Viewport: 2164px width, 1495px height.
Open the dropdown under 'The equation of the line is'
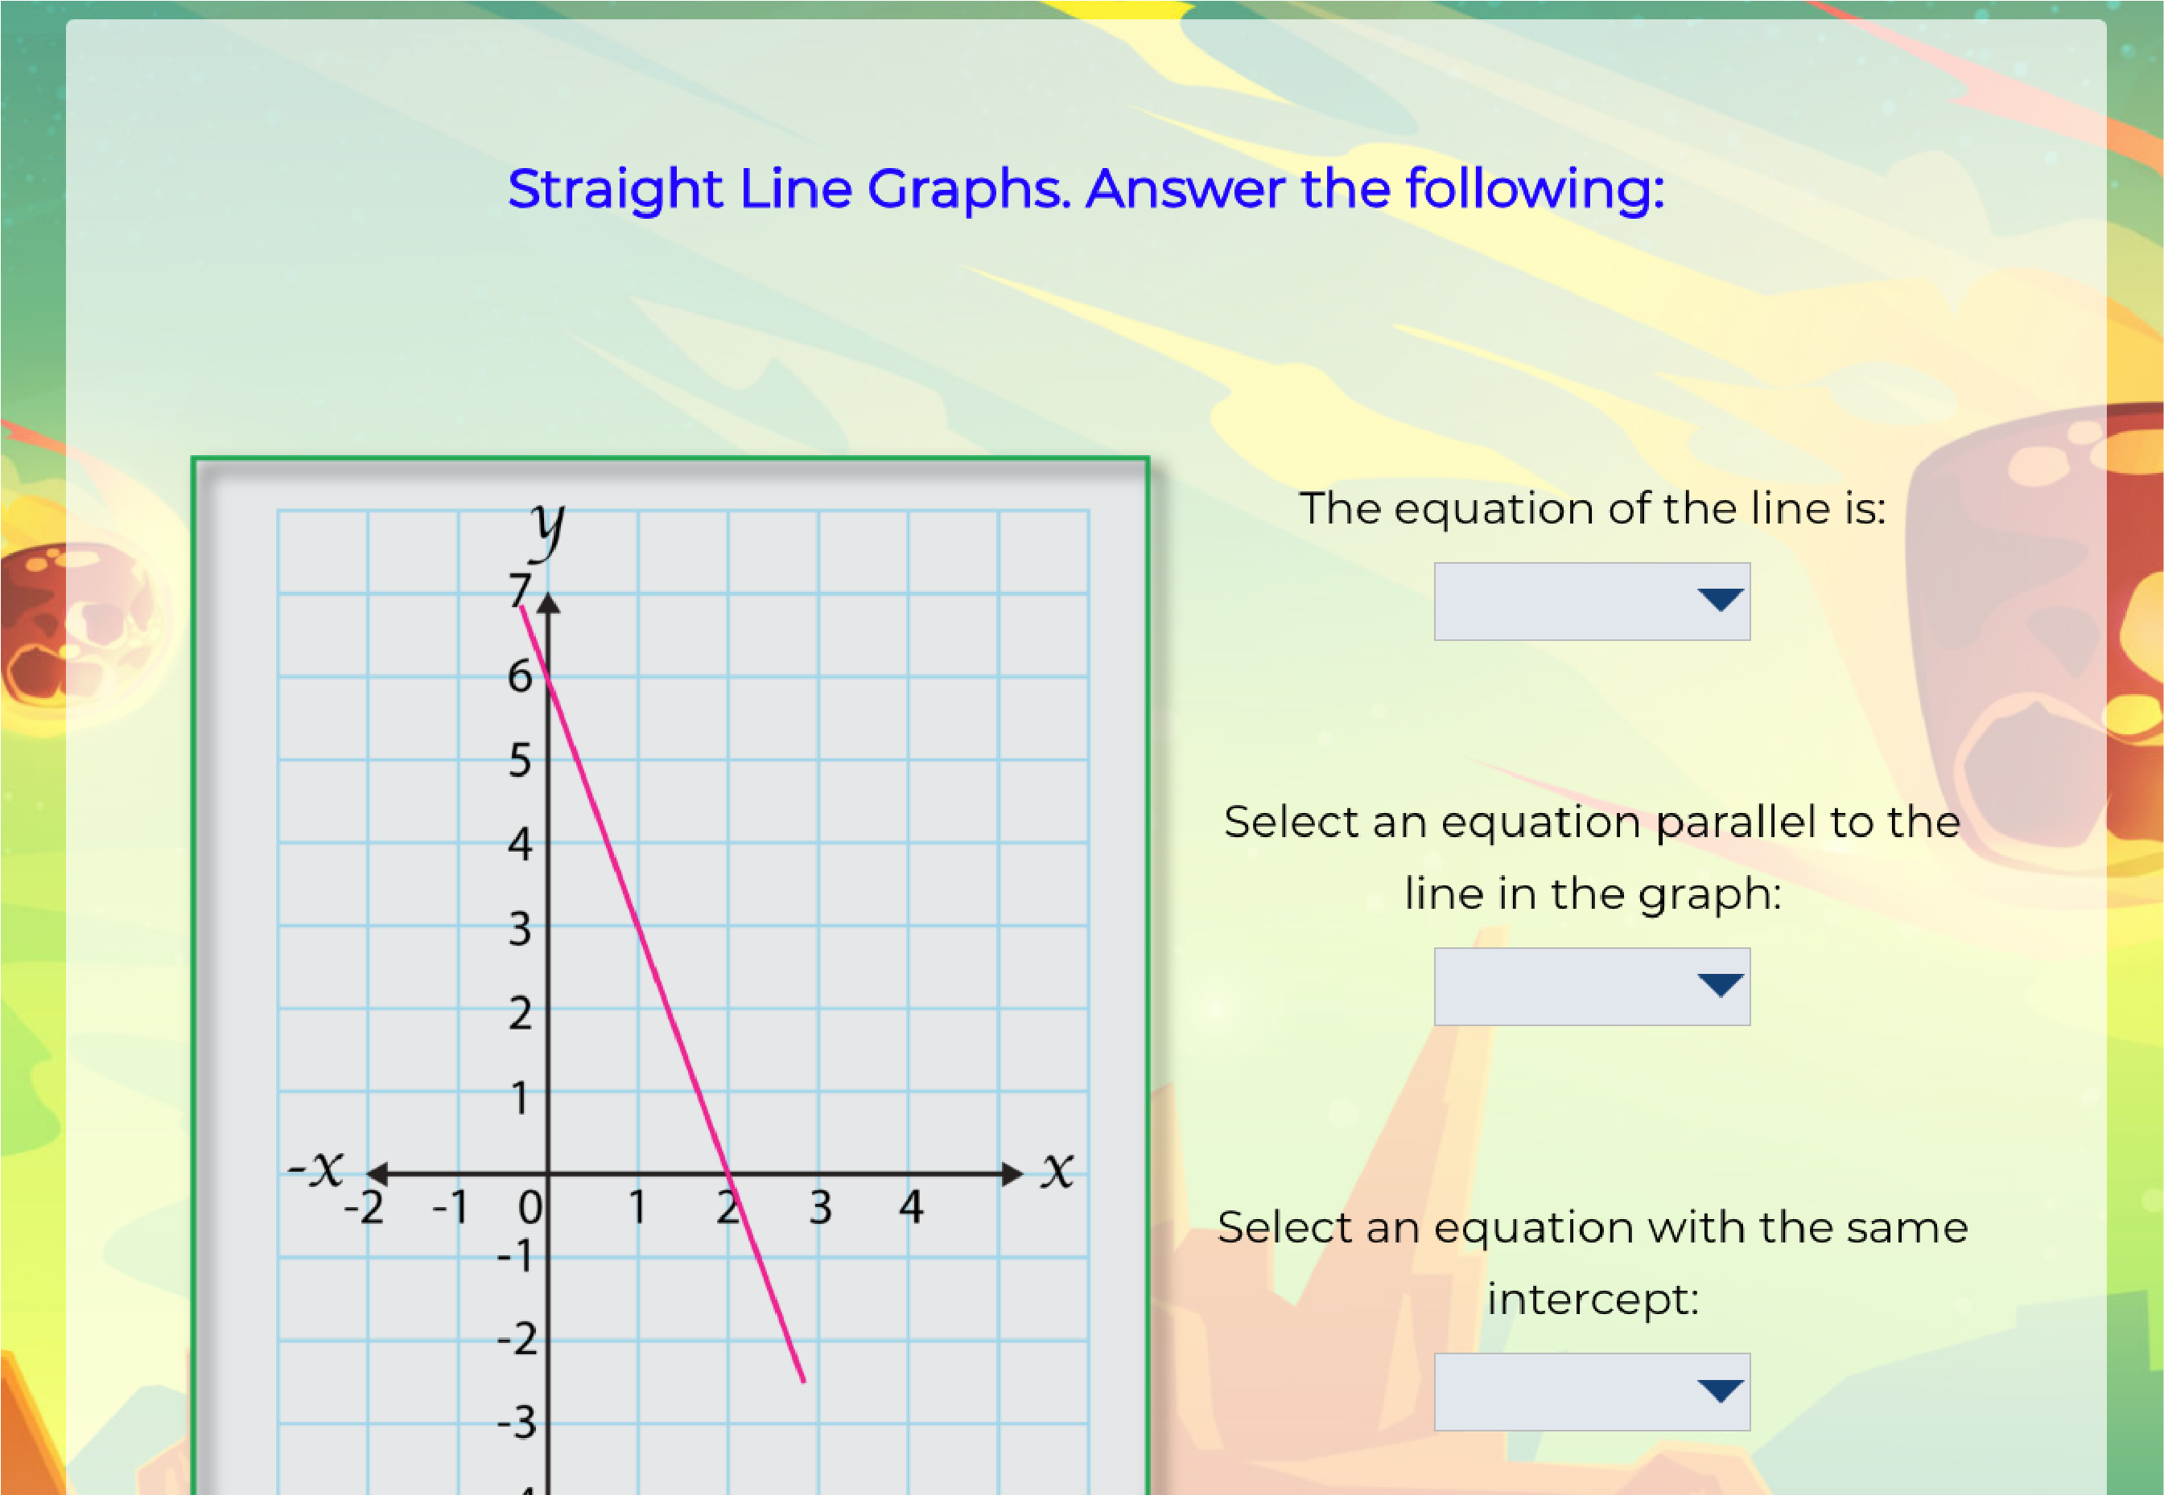click(x=1591, y=602)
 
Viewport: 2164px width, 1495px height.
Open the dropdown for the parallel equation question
click(x=1591, y=987)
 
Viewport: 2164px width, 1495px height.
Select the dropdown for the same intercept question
click(x=1591, y=1392)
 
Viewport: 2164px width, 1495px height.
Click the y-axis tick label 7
click(x=520, y=590)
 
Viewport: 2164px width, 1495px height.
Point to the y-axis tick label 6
click(x=520, y=676)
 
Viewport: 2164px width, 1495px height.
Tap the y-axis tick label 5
click(x=520, y=760)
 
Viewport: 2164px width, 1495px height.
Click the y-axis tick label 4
click(x=520, y=843)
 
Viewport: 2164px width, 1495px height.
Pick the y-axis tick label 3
click(x=520, y=928)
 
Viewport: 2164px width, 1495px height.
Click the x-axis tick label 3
click(x=820, y=1207)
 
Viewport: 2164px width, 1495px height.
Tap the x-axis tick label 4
click(x=911, y=1206)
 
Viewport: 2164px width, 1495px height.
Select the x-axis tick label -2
click(x=364, y=1207)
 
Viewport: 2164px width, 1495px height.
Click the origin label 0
click(x=530, y=1207)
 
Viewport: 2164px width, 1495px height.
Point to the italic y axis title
click(x=547, y=530)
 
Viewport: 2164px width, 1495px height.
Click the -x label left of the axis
click(x=315, y=1168)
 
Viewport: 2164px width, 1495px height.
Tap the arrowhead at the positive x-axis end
click(x=1012, y=1173)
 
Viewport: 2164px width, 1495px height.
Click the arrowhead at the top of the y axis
click(x=548, y=604)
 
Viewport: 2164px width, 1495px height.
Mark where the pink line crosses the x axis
click(x=728, y=1173)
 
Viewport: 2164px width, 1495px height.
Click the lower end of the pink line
click(x=803, y=1381)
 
